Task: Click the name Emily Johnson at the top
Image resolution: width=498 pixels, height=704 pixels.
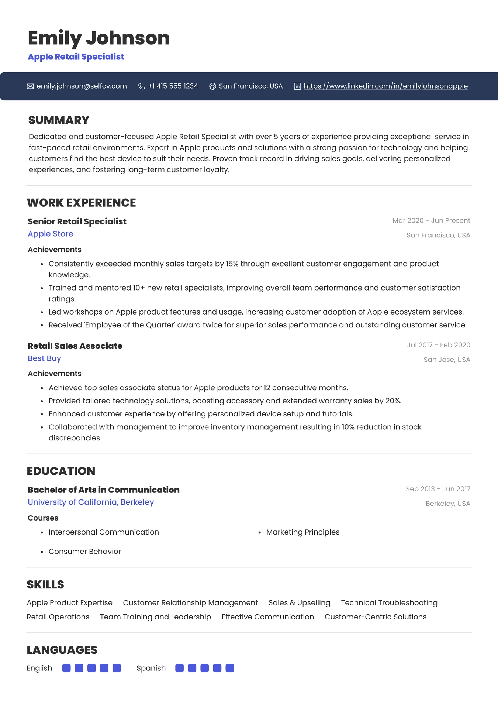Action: pos(98,38)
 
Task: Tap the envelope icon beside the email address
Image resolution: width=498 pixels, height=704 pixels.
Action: pos(30,86)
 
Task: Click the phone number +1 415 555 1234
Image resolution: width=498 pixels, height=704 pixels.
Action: pos(173,86)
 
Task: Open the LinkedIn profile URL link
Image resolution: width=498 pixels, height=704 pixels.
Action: pos(385,86)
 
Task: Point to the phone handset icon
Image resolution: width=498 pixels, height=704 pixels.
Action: pos(141,86)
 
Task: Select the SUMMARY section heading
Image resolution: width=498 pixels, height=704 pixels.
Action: pos(59,120)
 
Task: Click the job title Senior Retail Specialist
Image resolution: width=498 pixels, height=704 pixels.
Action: pos(77,221)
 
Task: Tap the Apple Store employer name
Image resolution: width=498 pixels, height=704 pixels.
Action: pos(51,234)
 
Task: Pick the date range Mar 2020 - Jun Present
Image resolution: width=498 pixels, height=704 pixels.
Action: pos(431,220)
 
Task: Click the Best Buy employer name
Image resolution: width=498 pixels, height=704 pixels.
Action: pos(44,358)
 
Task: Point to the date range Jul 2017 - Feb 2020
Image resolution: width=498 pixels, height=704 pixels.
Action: pos(438,345)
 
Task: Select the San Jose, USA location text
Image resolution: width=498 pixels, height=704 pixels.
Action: pos(446,360)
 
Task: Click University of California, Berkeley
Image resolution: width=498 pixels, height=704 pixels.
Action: pos(91,502)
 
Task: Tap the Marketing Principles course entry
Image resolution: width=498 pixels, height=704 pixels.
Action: pos(302,532)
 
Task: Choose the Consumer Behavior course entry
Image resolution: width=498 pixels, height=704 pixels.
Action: pos(84,551)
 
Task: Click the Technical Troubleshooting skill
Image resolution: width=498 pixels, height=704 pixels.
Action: pos(389,602)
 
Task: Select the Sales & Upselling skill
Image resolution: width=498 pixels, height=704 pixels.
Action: pos(299,602)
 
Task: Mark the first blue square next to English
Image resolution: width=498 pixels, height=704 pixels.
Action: pos(66,668)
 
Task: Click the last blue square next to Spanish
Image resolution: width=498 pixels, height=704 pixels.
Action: pos(229,668)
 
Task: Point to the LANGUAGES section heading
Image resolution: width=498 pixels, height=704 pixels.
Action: pos(62,650)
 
